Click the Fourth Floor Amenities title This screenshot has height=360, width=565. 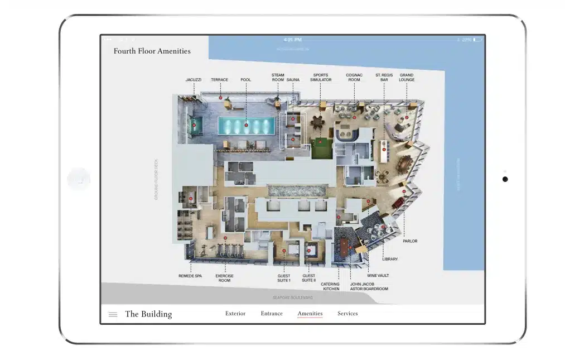pos(152,51)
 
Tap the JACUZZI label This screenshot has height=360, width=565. pos(194,80)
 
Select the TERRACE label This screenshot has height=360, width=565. pos(219,80)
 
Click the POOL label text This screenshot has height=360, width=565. pos(245,80)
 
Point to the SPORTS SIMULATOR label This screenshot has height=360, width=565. pos(321,78)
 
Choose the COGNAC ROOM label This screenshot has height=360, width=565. pos(354,78)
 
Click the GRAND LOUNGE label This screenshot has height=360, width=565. pos(407,78)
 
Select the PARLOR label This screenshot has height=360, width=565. pos(409,241)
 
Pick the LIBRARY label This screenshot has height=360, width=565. pos(390,259)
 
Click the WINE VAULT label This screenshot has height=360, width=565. pos(378,276)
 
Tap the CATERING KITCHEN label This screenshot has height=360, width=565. pos(330,286)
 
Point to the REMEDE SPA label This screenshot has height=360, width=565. pos(190,276)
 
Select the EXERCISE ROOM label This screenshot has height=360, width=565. pos(224,278)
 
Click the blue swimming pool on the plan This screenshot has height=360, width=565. pos(246,126)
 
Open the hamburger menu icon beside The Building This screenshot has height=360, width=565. pos(113,314)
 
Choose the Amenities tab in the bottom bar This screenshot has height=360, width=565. pos(310,314)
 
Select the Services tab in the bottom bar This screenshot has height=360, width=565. pos(347,314)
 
